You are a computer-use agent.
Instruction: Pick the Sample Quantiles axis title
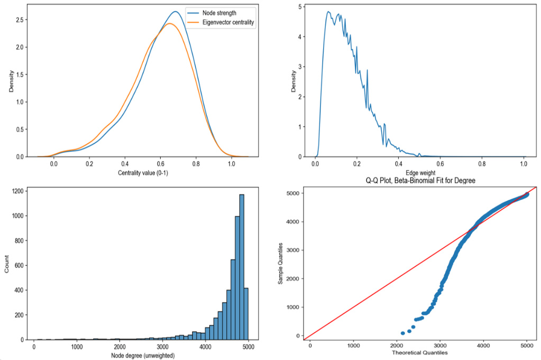click(x=281, y=263)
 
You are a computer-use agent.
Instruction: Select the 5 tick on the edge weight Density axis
click(x=300, y=6)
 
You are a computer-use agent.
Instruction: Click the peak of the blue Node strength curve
click(x=176, y=12)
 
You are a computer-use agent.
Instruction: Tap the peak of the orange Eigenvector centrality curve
click(x=169, y=23)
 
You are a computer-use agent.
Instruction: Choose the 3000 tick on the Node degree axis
click(x=165, y=347)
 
